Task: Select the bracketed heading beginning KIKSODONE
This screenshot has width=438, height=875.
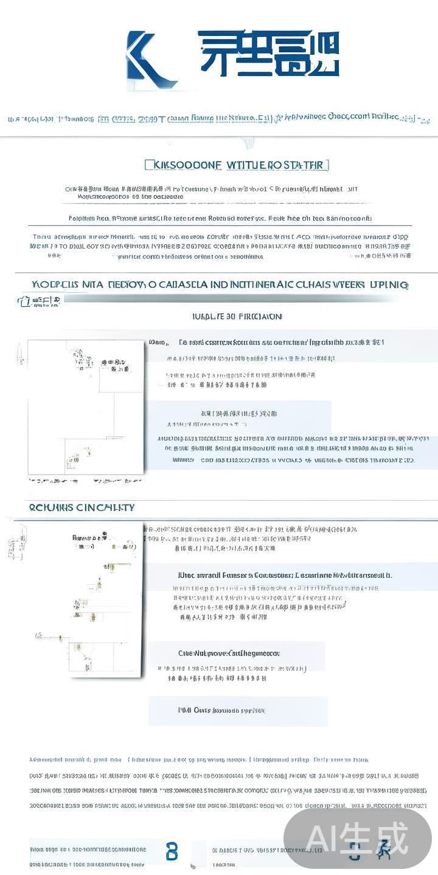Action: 237,165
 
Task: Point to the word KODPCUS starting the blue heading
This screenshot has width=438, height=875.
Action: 55,284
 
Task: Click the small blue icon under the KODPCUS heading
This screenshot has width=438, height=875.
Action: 24,301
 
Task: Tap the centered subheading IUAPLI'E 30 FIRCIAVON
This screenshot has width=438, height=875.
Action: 237,317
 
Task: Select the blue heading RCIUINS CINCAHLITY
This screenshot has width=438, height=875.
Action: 82,507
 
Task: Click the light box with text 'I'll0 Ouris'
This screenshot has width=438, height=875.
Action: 238,710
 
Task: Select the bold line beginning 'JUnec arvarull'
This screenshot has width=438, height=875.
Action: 285,575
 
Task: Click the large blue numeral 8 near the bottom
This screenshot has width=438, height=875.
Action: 172,852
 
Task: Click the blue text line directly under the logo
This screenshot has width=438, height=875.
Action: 219,118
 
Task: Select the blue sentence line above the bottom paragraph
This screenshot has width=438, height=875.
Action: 198,760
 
